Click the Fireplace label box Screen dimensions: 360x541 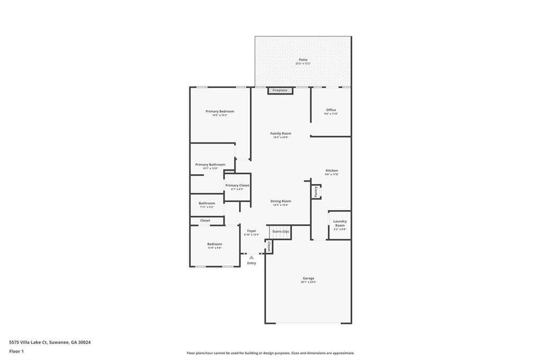[280, 91]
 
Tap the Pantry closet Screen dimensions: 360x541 [316, 191]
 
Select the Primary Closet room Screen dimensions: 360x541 [237, 187]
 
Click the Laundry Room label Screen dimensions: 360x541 [340, 223]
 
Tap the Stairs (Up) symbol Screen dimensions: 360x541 [281, 232]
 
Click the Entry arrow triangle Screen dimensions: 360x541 [251, 258]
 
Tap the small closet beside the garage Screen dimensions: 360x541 [268, 247]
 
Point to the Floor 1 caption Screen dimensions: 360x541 [16, 351]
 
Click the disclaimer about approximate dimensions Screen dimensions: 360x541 [270, 353]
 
